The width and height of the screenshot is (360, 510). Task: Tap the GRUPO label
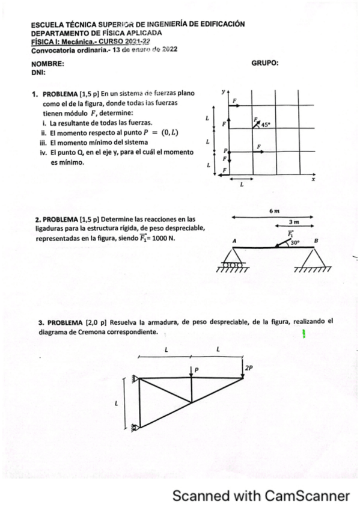click(x=264, y=63)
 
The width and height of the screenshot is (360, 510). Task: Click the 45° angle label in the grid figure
click(x=267, y=125)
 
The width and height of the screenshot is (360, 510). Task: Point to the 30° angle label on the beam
click(x=294, y=243)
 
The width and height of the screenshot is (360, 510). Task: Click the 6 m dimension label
click(x=275, y=210)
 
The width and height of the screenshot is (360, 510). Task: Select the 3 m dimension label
click(x=296, y=223)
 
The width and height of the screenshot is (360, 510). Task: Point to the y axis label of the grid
click(x=223, y=93)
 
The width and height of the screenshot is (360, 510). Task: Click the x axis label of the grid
click(x=313, y=179)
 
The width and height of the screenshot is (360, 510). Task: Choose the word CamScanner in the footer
click(x=307, y=496)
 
